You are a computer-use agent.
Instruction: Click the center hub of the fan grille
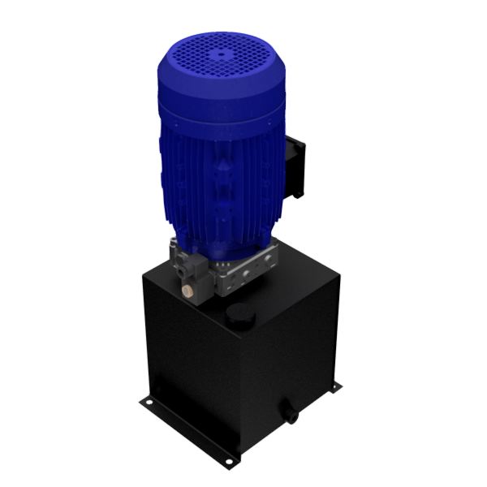tap(218, 56)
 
